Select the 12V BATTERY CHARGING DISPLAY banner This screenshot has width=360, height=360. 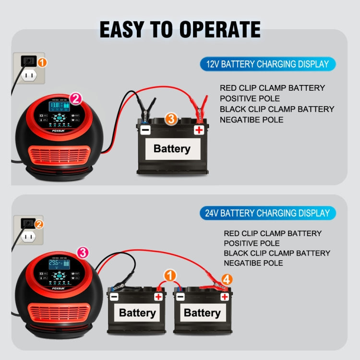[268, 64]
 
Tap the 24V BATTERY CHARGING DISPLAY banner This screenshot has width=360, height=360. [268, 213]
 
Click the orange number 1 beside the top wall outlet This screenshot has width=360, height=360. [42, 62]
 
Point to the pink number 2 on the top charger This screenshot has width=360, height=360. [75, 99]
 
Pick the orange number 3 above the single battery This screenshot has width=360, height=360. [171, 118]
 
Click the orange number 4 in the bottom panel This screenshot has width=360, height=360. [227, 279]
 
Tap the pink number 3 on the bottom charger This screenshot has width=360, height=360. [82, 252]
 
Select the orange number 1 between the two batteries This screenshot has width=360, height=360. [169, 276]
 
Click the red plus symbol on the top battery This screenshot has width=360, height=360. [199, 130]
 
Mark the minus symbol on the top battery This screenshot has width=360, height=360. [145, 130]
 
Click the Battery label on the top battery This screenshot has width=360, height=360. [172, 148]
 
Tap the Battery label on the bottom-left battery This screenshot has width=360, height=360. [137, 313]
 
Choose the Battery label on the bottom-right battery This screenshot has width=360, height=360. [202, 313]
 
